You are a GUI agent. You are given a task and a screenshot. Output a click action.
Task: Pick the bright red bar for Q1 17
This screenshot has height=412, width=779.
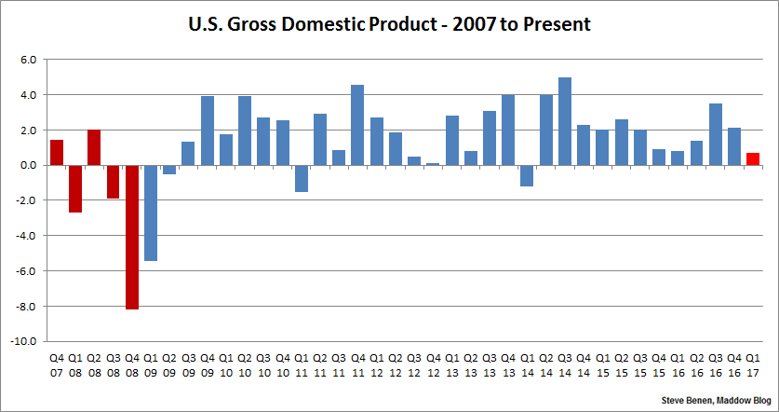click(x=753, y=159)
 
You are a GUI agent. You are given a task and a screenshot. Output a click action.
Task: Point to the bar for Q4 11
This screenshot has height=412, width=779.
click(x=357, y=125)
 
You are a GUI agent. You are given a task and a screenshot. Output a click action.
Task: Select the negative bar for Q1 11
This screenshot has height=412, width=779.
click(x=301, y=178)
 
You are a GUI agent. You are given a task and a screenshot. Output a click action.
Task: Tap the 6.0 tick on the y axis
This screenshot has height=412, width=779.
click(x=27, y=60)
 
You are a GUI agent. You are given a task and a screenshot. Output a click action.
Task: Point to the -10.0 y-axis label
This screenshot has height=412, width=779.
click(x=23, y=341)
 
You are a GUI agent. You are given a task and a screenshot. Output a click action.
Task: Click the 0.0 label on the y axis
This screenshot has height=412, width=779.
click(x=27, y=165)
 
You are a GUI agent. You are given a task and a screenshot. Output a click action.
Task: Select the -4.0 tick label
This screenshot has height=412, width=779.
click(x=25, y=236)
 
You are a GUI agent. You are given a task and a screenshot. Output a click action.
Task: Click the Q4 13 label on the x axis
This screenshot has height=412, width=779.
click(x=508, y=364)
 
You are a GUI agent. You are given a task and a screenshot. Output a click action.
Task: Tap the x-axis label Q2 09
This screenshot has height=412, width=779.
click(x=169, y=364)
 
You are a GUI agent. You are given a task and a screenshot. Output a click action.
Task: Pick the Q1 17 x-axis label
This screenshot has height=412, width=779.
click(x=753, y=364)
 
